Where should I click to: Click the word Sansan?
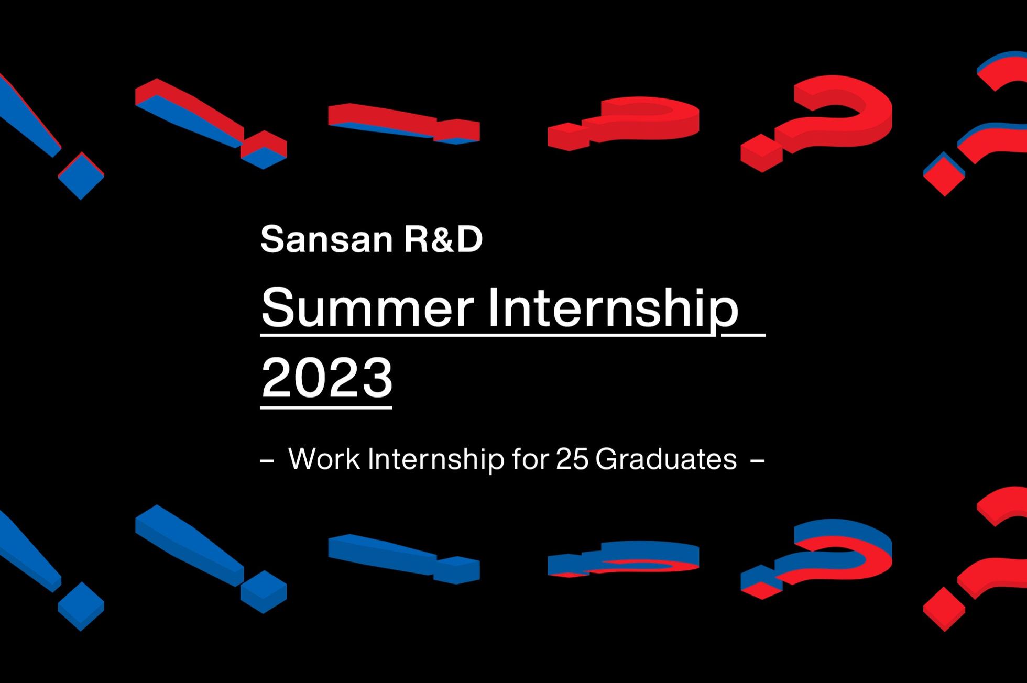(x=326, y=239)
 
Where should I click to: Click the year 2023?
(x=326, y=377)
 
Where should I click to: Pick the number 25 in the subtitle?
(x=572, y=459)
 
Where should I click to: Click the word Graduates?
(x=667, y=459)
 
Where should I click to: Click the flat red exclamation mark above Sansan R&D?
(x=403, y=124)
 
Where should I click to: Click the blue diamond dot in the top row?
(x=81, y=176)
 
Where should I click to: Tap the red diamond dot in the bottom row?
(x=944, y=609)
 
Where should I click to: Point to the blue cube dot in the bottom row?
(x=264, y=591)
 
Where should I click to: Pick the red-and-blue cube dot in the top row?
(x=264, y=150)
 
